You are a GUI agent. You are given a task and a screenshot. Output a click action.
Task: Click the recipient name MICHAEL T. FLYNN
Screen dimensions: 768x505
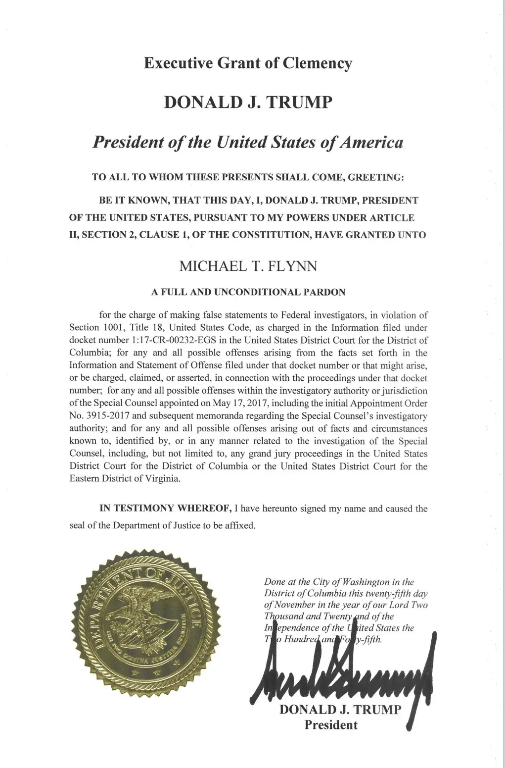pos(248,266)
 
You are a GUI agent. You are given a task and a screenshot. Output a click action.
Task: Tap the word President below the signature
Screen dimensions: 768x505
pos(330,725)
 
